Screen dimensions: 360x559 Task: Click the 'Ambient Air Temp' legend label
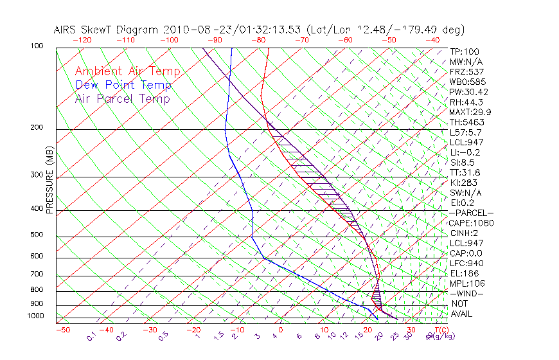pos(127,71)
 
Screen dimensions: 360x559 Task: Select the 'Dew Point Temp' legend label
pos(123,85)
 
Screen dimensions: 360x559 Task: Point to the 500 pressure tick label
pos(37,235)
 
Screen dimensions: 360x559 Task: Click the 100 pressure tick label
pos(37,46)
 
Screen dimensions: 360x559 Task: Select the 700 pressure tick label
pos(37,275)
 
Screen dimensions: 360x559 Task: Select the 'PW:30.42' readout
pos(468,92)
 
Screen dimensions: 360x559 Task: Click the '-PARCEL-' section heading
pos(471,213)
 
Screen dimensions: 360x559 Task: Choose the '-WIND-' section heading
pos(467,293)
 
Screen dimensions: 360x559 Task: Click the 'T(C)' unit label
pos(439,330)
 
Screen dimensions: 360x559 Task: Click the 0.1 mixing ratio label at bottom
pos(91,337)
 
